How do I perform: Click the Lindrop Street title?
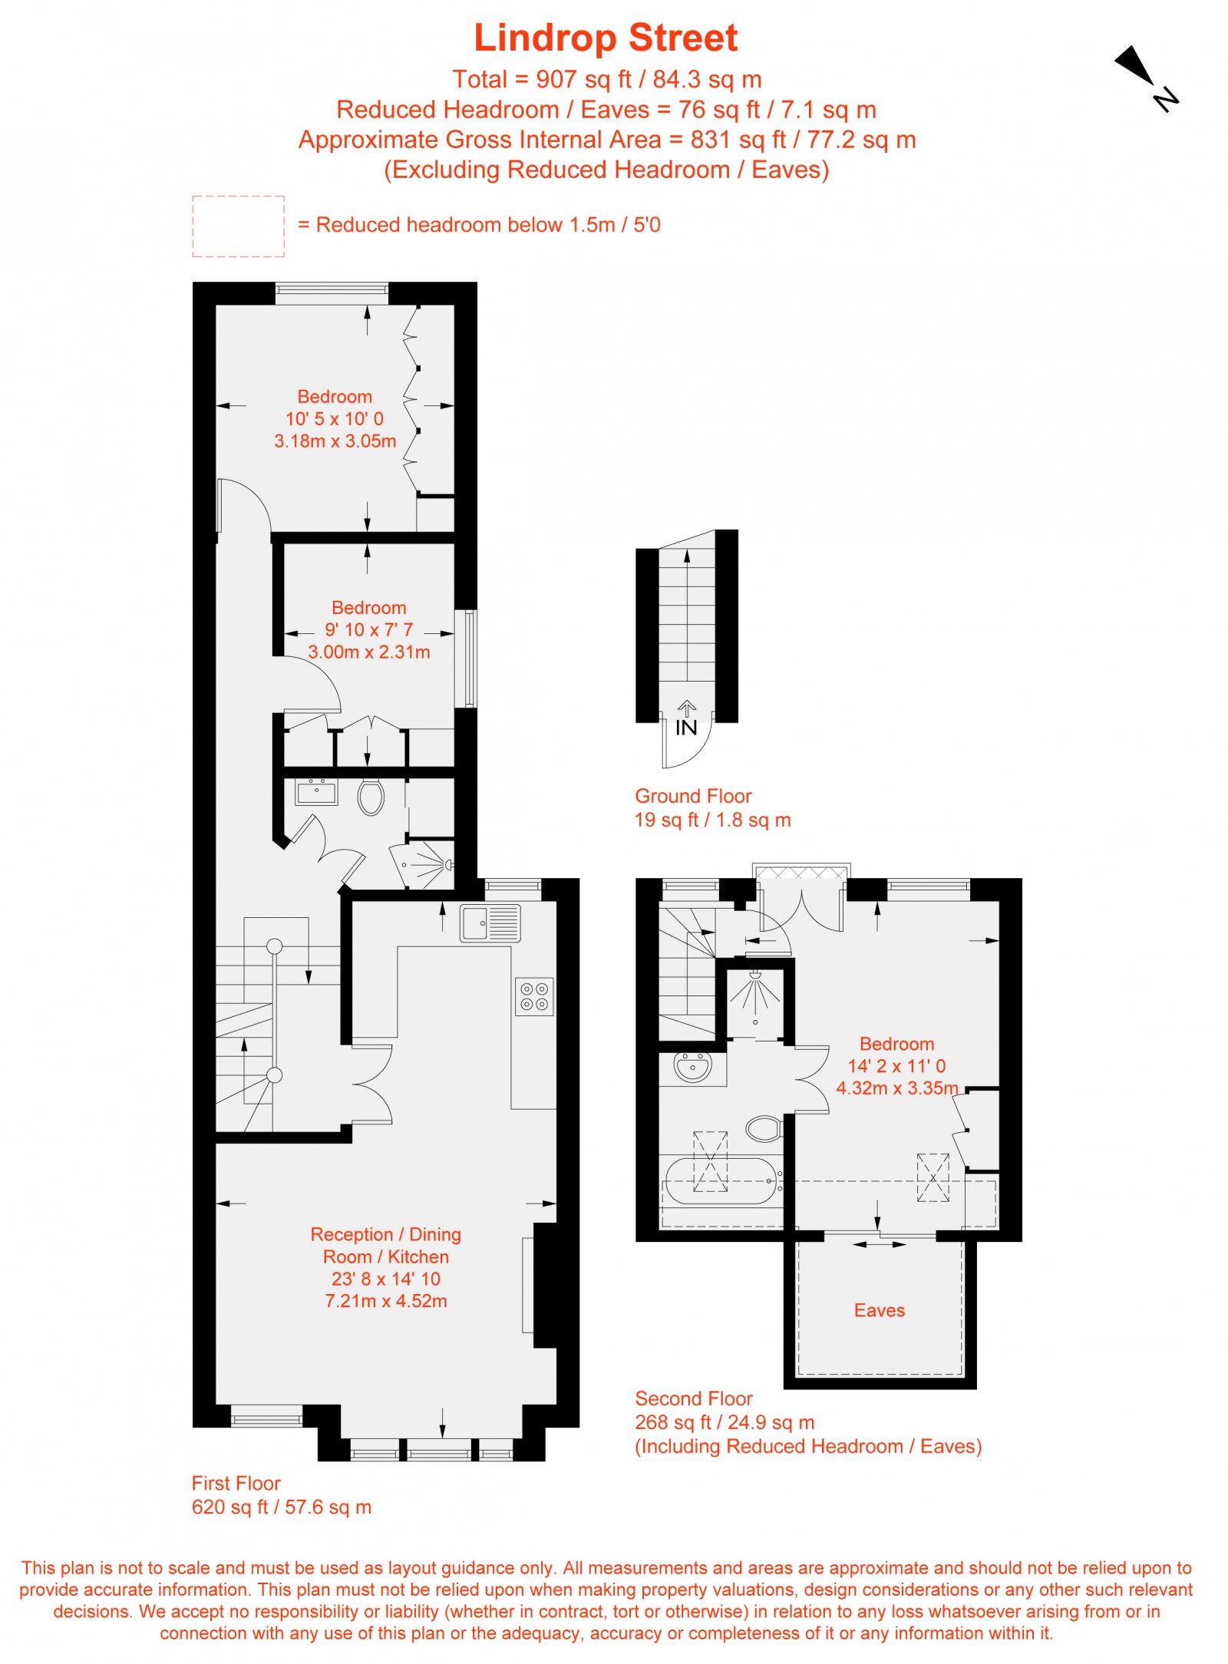pyautogui.click(x=606, y=38)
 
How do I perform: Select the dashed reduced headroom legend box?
pyautogui.click(x=238, y=226)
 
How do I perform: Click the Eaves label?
pyautogui.click(x=879, y=1310)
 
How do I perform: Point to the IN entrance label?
pyautogui.click(x=686, y=728)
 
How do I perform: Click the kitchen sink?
pyautogui.click(x=490, y=922)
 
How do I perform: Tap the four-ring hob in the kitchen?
pyautogui.click(x=534, y=996)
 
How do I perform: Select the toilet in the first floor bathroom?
pyautogui.click(x=371, y=797)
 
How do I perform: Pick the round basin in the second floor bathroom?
pyautogui.click(x=692, y=1066)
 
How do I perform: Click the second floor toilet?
pyautogui.click(x=764, y=1128)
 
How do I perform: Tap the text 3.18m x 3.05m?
pyautogui.click(x=335, y=441)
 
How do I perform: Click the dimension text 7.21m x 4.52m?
pyautogui.click(x=386, y=1301)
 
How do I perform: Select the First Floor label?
pyautogui.click(x=236, y=1483)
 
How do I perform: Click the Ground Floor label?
pyautogui.click(x=693, y=796)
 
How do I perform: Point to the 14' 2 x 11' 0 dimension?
pyautogui.click(x=896, y=1066)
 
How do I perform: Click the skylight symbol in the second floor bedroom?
pyautogui.click(x=933, y=1177)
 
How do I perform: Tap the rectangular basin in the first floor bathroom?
pyautogui.click(x=316, y=791)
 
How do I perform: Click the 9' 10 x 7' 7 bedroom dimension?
pyautogui.click(x=368, y=630)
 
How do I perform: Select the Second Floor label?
pyautogui.click(x=694, y=1398)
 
